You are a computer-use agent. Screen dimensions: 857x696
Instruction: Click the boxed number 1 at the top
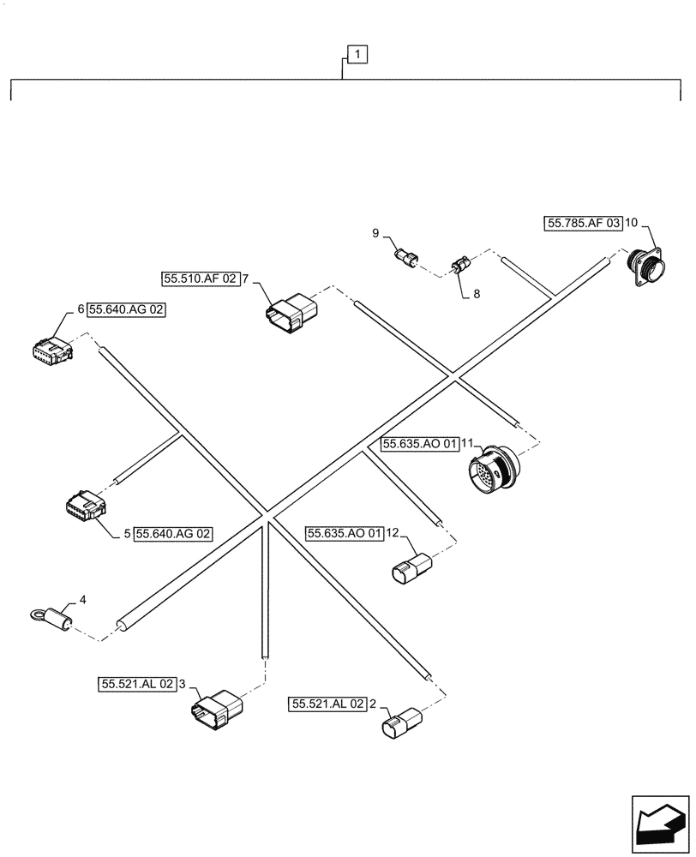click(x=357, y=56)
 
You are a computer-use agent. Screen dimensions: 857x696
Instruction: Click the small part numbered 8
click(x=460, y=265)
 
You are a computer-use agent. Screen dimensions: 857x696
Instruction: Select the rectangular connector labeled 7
click(x=291, y=310)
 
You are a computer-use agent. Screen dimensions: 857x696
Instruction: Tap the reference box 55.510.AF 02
click(x=200, y=279)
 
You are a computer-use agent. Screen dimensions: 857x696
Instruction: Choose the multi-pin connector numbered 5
click(x=86, y=507)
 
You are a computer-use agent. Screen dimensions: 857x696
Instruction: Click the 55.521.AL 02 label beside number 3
click(x=138, y=684)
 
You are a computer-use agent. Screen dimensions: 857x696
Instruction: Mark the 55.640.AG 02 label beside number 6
click(x=126, y=311)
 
